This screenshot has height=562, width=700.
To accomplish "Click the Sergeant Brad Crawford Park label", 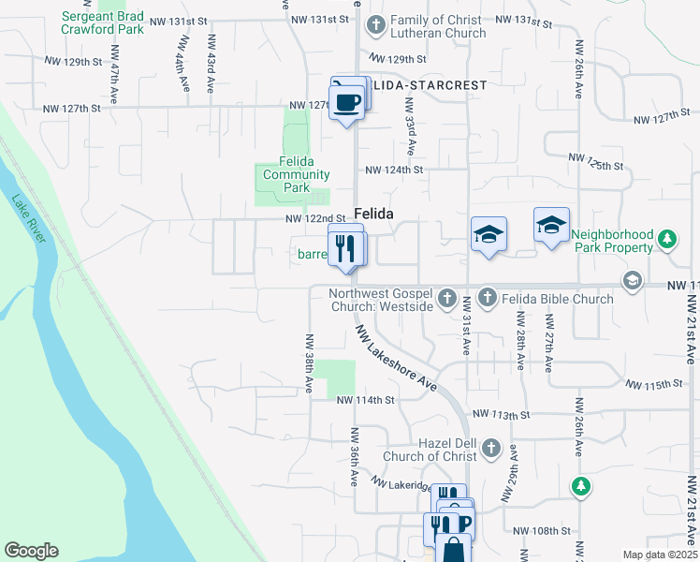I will pyautogui.click(x=103, y=22).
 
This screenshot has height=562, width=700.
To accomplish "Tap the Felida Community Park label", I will pyautogui.click(x=296, y=174).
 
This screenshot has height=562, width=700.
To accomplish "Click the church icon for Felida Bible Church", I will pyautogui.click(x=487, y=299).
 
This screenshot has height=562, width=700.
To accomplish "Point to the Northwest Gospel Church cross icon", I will pyautogui.click(x=447, y=299).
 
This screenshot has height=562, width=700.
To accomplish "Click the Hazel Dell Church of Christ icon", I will pyautogui.click(x=487, y=451).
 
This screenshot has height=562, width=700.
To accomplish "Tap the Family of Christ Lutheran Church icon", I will pyautogui.click(x=375, y=25).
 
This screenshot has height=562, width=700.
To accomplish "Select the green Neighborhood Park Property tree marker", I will pyautogui.click(x=666, y=241).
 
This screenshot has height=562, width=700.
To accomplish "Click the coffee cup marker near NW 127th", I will pyautogui.click(x=347, y=101).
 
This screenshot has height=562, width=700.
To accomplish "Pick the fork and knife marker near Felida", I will pyautogui.click(x=347, y=247).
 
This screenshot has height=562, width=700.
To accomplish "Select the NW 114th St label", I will pyautogui.click(x=366, y=399).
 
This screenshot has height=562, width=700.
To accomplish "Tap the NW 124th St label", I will pyautogui.click(x=394, y=170).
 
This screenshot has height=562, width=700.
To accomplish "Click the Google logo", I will pyautogui.click(x=32, y=551).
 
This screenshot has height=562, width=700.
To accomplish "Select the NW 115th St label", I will pyautogui.click(x=652, y=385).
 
